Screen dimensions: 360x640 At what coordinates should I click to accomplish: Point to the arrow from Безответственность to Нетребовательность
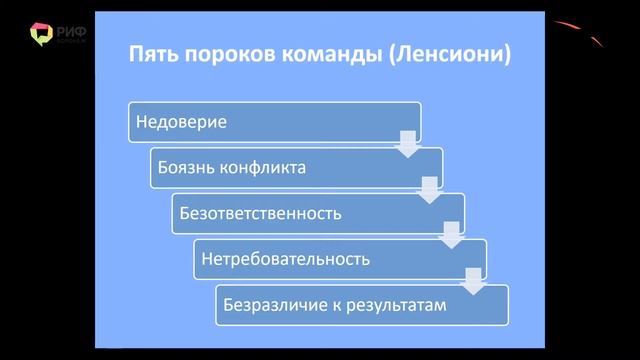pos(452,235)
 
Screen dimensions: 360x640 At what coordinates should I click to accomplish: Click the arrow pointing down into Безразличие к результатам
pos(474,281)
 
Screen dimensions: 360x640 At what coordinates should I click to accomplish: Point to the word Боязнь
pos(185,168)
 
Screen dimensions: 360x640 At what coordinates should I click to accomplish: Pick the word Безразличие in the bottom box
pos(272,305)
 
